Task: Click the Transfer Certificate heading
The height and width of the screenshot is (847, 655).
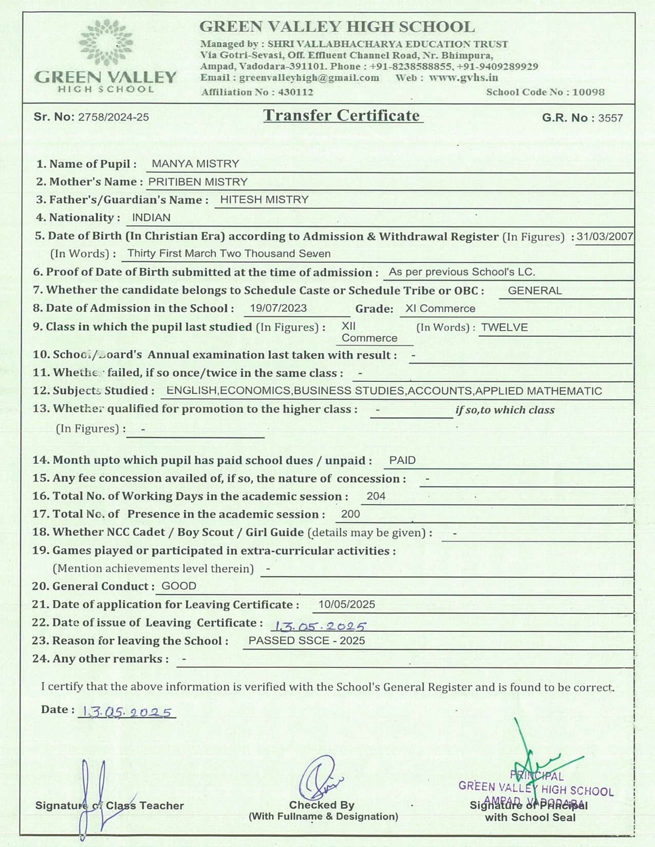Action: click(342, 115)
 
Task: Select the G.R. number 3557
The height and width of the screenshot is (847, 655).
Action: click(610, 118)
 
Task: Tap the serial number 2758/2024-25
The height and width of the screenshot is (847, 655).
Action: click(114, 117)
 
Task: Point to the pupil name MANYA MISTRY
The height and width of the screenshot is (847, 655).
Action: click(195, 164)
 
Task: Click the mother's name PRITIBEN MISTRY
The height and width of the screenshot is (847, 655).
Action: click(198, 182)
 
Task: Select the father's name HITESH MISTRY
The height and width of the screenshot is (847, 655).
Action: click(264, 200)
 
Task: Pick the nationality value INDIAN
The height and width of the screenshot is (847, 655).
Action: click(151, 218)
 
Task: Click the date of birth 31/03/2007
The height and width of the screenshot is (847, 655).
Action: click(605, 237)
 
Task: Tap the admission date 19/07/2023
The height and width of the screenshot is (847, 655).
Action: click(278, 308)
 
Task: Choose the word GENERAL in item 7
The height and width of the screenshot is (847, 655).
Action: click(534, 291)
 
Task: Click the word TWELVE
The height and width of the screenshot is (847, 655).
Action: click(504, 328)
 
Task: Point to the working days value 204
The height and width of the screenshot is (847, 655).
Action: click(376, 496)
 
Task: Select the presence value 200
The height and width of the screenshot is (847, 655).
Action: click(350, 514)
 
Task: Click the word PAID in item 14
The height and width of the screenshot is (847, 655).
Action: click(402, 460)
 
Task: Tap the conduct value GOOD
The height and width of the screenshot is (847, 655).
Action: click(179, 586)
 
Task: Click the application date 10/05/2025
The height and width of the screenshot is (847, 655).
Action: click(347, 605)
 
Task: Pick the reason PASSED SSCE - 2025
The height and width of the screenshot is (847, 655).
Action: click(307, 641)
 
